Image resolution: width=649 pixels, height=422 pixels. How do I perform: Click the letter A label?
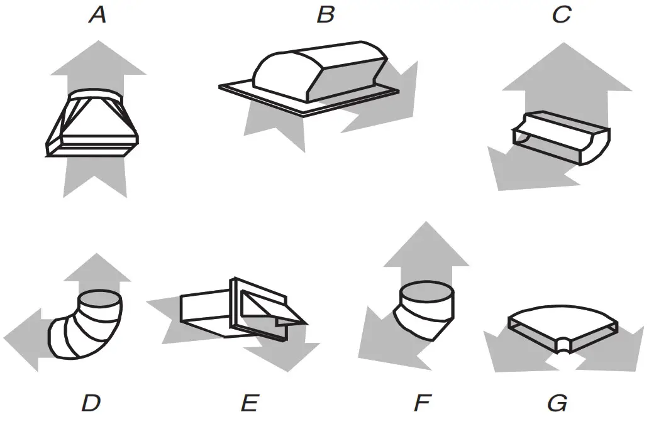[x=97, y=15]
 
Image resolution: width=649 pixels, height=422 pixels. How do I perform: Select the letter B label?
[x=325, y=15]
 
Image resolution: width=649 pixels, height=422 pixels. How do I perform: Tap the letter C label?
[x=560, y=15]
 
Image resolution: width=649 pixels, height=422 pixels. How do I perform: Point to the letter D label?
[x=91, y=403]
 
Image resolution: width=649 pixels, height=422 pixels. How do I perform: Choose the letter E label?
[x=250, y=403]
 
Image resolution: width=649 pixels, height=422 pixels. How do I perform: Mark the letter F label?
[x=423, y=403]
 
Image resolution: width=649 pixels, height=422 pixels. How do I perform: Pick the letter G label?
[x=557, y=403]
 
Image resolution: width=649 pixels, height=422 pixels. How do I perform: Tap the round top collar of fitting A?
[x=96, y=95]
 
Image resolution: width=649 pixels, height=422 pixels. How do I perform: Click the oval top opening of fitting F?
[x=426, y=293]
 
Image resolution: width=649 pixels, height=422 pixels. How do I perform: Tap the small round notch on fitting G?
[x=563, y=344]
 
